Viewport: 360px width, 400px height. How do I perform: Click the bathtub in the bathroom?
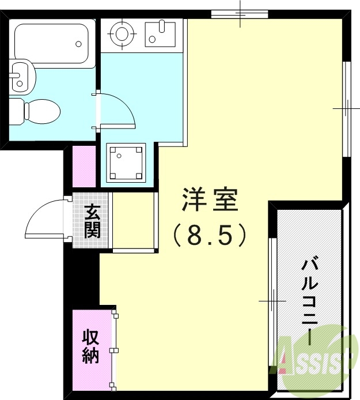(x=52, y=43)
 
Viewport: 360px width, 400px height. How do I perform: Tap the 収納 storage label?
(x=90, y=346)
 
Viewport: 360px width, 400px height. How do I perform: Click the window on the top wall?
(x=239, y=14)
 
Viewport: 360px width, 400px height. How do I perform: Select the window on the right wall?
(x=347, y=108)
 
